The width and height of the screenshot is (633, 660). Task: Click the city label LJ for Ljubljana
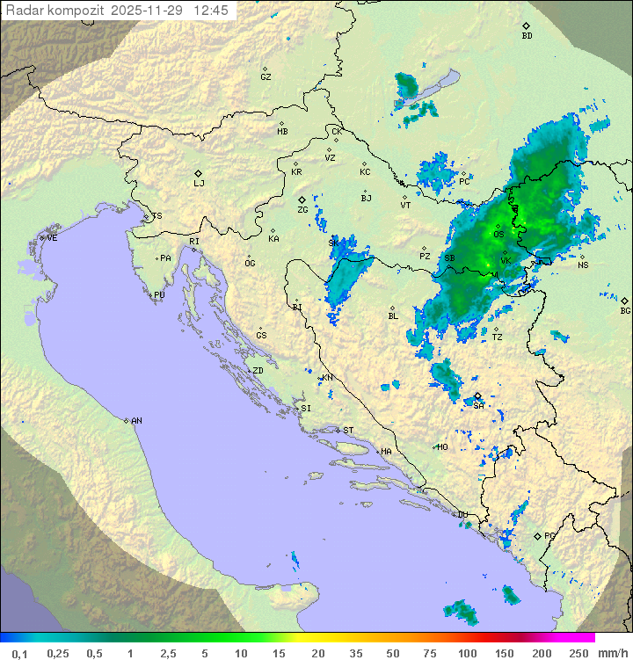coord(199,184)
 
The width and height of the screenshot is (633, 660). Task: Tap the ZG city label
coord(302,210)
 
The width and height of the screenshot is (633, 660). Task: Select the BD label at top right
coord(527,36)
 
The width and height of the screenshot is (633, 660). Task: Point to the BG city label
coord(625,310)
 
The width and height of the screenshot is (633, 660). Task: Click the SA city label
coord(478,405)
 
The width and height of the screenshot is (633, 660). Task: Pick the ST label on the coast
coord(348,431)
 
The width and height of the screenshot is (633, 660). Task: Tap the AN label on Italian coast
coord(136,421)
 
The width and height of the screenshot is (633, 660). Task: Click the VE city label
coord(52,238)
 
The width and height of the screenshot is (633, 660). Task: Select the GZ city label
coord(266,77)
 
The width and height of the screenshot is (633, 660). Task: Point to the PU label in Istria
coord(159,295)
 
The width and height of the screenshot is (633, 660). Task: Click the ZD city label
coord(258,371)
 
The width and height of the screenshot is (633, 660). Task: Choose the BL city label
coord(393,316)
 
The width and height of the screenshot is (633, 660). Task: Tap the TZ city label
coord(497,337)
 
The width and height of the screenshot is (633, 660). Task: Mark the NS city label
coord(583,265)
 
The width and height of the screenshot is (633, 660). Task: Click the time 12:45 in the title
coord(211,11)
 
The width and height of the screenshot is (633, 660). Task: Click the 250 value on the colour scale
coord(578,653)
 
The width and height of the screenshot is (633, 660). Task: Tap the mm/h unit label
coord(611,653)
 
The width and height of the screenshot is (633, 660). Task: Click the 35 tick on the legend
coord(355,653)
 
